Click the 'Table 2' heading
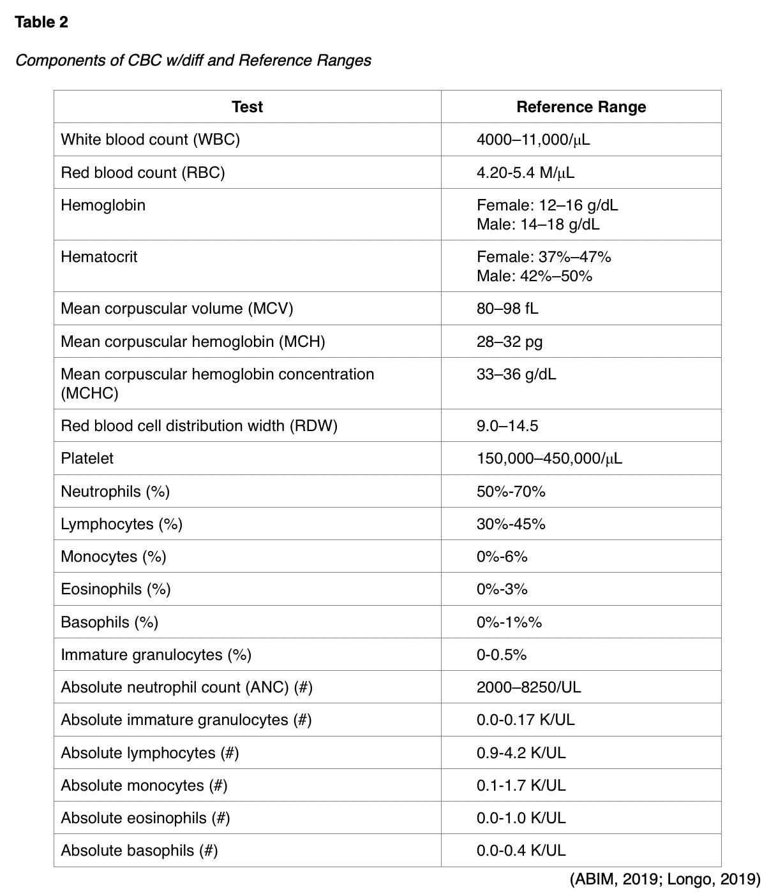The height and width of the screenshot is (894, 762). tap(41, 22)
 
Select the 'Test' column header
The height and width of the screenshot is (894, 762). tap(247, 106)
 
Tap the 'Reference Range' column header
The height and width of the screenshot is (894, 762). tap(581, 106)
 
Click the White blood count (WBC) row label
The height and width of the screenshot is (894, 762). tap(150, 140)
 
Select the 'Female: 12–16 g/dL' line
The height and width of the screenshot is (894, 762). tap(547, 205)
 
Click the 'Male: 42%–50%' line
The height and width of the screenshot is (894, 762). tap(534, 276)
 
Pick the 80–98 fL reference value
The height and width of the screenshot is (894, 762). tap(507, 309)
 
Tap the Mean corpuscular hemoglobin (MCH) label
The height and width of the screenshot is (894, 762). tap(193, 342)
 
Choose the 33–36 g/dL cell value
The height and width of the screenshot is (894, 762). tap(516, 374)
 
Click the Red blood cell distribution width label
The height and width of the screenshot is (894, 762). tap(198, 425)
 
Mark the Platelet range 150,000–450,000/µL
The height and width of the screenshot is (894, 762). tap(549, 458)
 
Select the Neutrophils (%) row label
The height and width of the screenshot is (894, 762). tap(115, 492)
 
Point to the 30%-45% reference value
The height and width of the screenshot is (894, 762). tap(511, 524)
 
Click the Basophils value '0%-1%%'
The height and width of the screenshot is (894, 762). tap(509, 622)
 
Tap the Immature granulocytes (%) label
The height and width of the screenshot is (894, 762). tap(156, 655)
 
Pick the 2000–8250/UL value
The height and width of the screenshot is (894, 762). tap(528, 687)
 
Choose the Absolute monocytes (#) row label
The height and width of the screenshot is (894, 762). tap(144, 786)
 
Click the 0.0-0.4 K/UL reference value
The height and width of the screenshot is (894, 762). tap(521, 851)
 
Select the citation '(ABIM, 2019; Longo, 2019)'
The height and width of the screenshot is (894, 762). tap(664, 880)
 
